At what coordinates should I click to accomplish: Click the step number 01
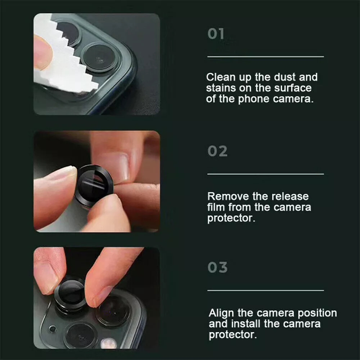tap(216, 34)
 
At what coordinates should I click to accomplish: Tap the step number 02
tap(217, 151)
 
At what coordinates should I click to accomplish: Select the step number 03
tap(217, 268)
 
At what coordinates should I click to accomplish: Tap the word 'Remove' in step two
tap(223, 197)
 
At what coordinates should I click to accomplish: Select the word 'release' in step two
tap(290, 197)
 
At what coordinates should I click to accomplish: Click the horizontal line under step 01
tap(266, 57)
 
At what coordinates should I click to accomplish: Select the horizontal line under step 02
tap(266, 174)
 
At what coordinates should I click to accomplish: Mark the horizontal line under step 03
tap(266, 290)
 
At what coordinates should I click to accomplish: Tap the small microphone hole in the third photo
tap(53, 329)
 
